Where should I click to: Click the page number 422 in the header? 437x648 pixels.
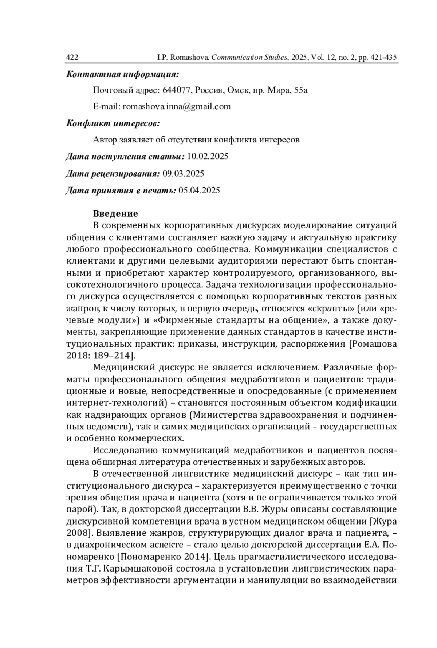[x=72, y=58]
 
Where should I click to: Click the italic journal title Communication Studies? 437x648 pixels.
[x=249, y=58]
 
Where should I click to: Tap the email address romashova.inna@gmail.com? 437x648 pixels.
[x=177, y=106]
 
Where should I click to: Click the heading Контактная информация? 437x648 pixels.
[x=122, y=74]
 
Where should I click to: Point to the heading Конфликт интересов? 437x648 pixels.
[x=113, y=123]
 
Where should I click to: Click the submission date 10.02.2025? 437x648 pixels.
[x=208, y=157]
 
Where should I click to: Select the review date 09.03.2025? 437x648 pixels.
[x=183, y=173]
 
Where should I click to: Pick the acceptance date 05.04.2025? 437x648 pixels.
[x=199, y=190]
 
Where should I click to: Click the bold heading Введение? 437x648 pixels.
[x=115, y=213]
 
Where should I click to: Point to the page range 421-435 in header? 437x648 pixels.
[x=383, y=58]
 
